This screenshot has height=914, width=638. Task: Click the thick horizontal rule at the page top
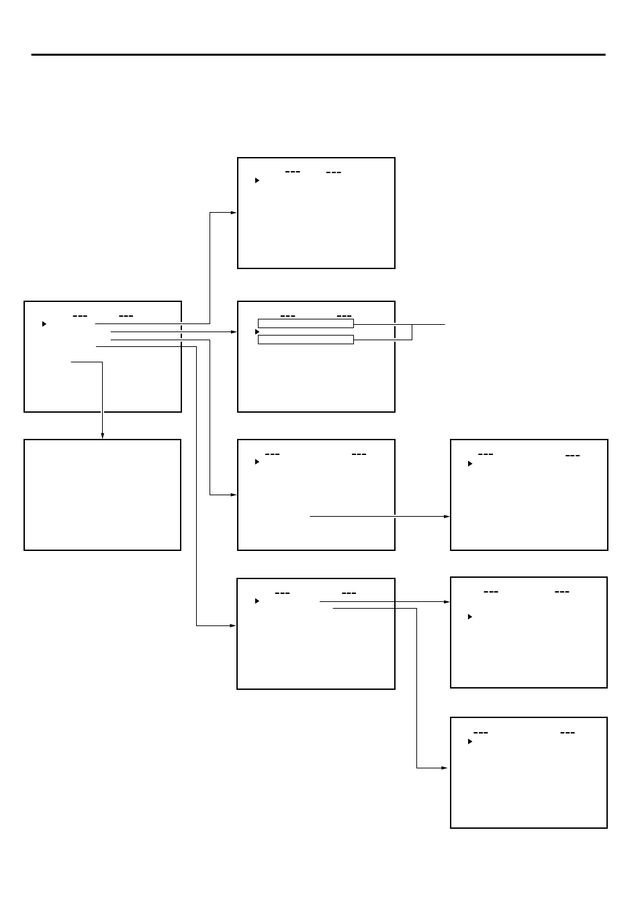click(318, 55)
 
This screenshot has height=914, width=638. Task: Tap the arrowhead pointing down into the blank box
click(102, 436)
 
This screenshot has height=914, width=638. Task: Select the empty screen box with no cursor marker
click(102, 495)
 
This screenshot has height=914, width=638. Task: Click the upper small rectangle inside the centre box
click(306, 323)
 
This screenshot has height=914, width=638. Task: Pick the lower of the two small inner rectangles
click(306, 340)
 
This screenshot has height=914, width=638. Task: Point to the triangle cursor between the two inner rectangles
click(257, 332)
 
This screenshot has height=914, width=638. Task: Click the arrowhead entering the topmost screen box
click(234, 213)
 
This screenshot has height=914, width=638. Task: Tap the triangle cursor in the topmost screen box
click(257, 181)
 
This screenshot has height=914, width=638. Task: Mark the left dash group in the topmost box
click(292, 172)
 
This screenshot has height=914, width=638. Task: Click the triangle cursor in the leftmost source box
click(44, 323)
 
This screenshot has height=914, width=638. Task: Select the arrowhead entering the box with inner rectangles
click(234, 332)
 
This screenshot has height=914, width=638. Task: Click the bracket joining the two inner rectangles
click(411, 332)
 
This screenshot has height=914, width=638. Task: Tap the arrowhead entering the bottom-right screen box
click(446, 768)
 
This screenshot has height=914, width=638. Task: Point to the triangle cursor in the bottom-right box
click(470, 742)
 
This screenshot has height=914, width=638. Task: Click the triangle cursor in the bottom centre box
click(257, 601)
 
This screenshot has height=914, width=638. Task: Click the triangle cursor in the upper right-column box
click(470, 464)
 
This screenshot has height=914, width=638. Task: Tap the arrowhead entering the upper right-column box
click(447, 516)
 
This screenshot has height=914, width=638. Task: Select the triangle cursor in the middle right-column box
click(470, 616)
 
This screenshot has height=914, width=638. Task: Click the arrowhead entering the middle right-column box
click(447, 602)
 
